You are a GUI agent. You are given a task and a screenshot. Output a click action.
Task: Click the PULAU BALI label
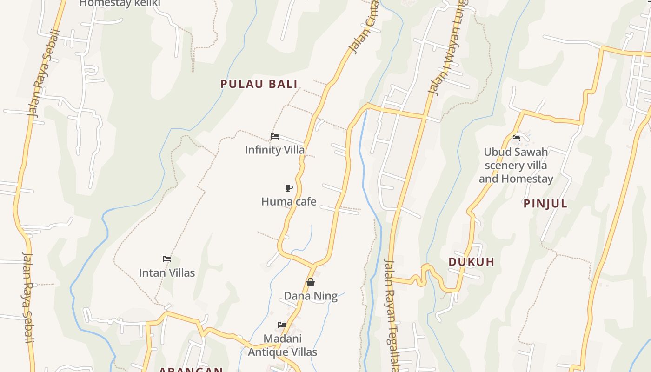(x=259, y=84)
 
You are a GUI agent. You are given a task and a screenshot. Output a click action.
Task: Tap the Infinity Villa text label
(x=274, y=150)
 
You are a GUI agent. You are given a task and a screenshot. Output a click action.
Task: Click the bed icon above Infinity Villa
(x=275, y=136)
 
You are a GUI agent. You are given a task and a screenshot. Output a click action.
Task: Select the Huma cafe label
(x=289, y=201)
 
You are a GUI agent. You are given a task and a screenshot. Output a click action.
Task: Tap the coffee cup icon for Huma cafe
(x=289, y=188)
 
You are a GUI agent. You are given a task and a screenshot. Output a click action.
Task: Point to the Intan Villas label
(x=167, y=272)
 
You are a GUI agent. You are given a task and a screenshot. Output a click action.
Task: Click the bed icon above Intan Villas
(x=167, y=259)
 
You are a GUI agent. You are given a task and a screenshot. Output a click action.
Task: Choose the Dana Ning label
(x=311, y=296)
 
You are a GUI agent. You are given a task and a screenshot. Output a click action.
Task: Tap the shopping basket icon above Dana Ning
(x=311, y=282)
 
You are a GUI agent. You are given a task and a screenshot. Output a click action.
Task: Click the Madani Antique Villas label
(x=282, y=345)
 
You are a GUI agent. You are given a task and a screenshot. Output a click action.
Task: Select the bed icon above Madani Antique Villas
(x=282, y=325)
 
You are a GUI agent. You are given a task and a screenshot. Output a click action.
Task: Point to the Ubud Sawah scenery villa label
(x=516, y=165)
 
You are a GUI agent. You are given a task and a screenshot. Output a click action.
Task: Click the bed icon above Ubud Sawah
(x=516, y=138)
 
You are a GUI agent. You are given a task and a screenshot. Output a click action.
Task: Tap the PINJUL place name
(x=545, y=204)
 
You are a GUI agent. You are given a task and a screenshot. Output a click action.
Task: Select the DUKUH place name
(x=472, y=262)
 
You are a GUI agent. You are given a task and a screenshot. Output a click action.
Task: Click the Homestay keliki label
(x=120, y=3)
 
